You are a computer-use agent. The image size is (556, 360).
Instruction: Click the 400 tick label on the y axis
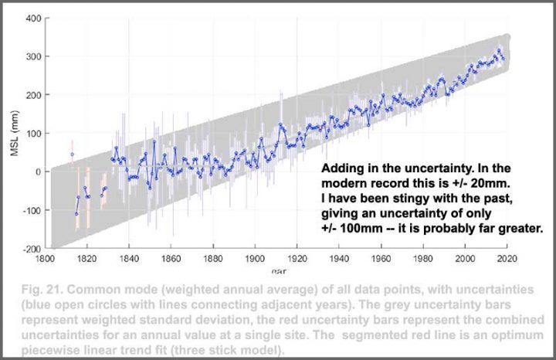(31, 18)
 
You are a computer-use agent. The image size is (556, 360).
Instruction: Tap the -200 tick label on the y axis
(29, 249)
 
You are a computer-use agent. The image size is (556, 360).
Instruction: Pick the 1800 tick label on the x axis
(44, 260)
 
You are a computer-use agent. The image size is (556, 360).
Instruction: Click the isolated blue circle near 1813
(72, 155)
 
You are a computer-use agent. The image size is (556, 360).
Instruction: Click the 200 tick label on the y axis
(31, 94)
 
